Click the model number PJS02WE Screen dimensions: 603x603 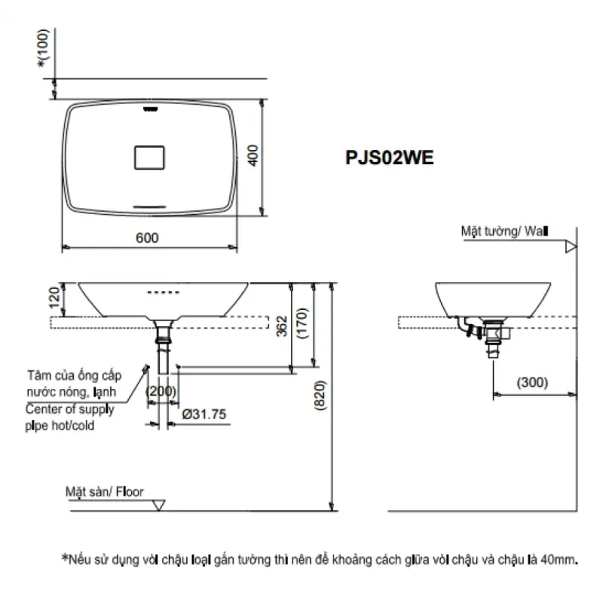[x=389, y=158]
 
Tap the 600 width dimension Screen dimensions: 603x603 [x=147, y=237]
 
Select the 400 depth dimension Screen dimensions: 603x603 [x=253, y=155]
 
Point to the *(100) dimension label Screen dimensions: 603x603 [x=44, y=47]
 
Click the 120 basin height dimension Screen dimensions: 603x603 [x=54, y=297]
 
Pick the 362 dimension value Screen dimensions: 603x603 [x=282, y=326]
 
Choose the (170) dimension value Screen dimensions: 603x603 [x=303, y=323]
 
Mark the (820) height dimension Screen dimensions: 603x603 [x=320, y=395]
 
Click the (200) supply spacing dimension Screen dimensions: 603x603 [x=161, y=391]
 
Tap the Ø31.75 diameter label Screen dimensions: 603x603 [x=204, y=414]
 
